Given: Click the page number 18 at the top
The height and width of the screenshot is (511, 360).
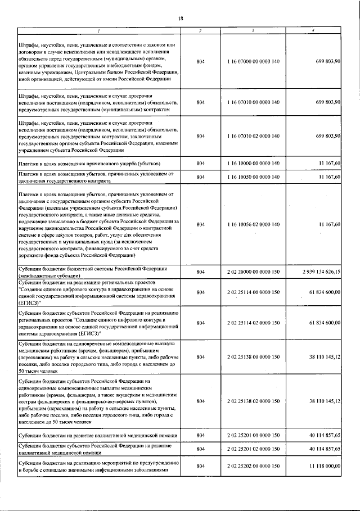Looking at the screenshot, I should pyautogui.click(x=181, y=19).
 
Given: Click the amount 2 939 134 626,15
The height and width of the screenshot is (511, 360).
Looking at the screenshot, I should pyautogui.click(x=321, y=272).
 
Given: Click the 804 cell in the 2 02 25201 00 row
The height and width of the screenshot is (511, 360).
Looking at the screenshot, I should pyautogui.click(x=201, y=436).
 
